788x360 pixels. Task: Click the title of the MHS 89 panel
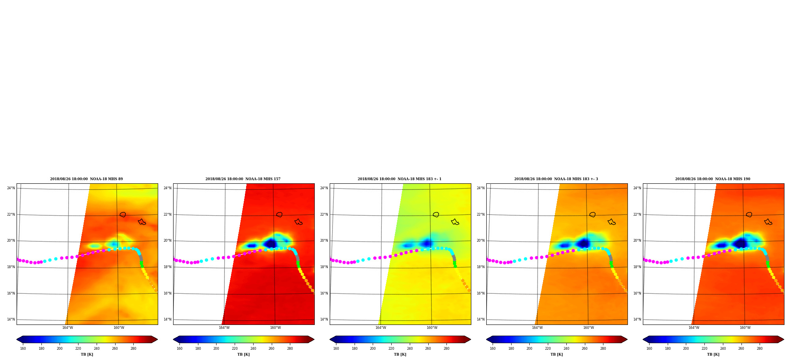[x=86, y=179]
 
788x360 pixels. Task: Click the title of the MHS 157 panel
[x=243, y=179]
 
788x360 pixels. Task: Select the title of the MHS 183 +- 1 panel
[x=400, y=179]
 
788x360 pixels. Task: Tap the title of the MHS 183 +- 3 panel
[x=556, y=179]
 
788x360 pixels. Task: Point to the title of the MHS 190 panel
[x=713, y=179]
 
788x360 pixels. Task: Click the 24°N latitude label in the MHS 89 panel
[x=11, y=188]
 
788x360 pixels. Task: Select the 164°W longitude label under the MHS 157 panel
[x=224, y=328]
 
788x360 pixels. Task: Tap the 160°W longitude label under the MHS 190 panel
[x=745, y=328]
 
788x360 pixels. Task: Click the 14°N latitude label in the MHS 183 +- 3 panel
[x=481, y=319]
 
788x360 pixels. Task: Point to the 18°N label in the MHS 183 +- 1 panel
[x=324, y=267]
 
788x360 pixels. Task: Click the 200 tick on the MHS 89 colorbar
[x=60, y=349]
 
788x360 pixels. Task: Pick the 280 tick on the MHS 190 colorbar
[x=760, y=349]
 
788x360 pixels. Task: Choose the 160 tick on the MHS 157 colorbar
[x=179, y=349]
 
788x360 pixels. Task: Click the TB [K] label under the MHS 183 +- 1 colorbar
[x=400, y=354]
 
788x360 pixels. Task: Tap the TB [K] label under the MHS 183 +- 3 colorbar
[x=556, y=354]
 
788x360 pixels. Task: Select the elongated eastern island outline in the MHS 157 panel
[x=299, y=222]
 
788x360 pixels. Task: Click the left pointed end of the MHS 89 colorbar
[x=17, y=339]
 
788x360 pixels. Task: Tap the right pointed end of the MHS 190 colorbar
[x=783, y=339]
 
